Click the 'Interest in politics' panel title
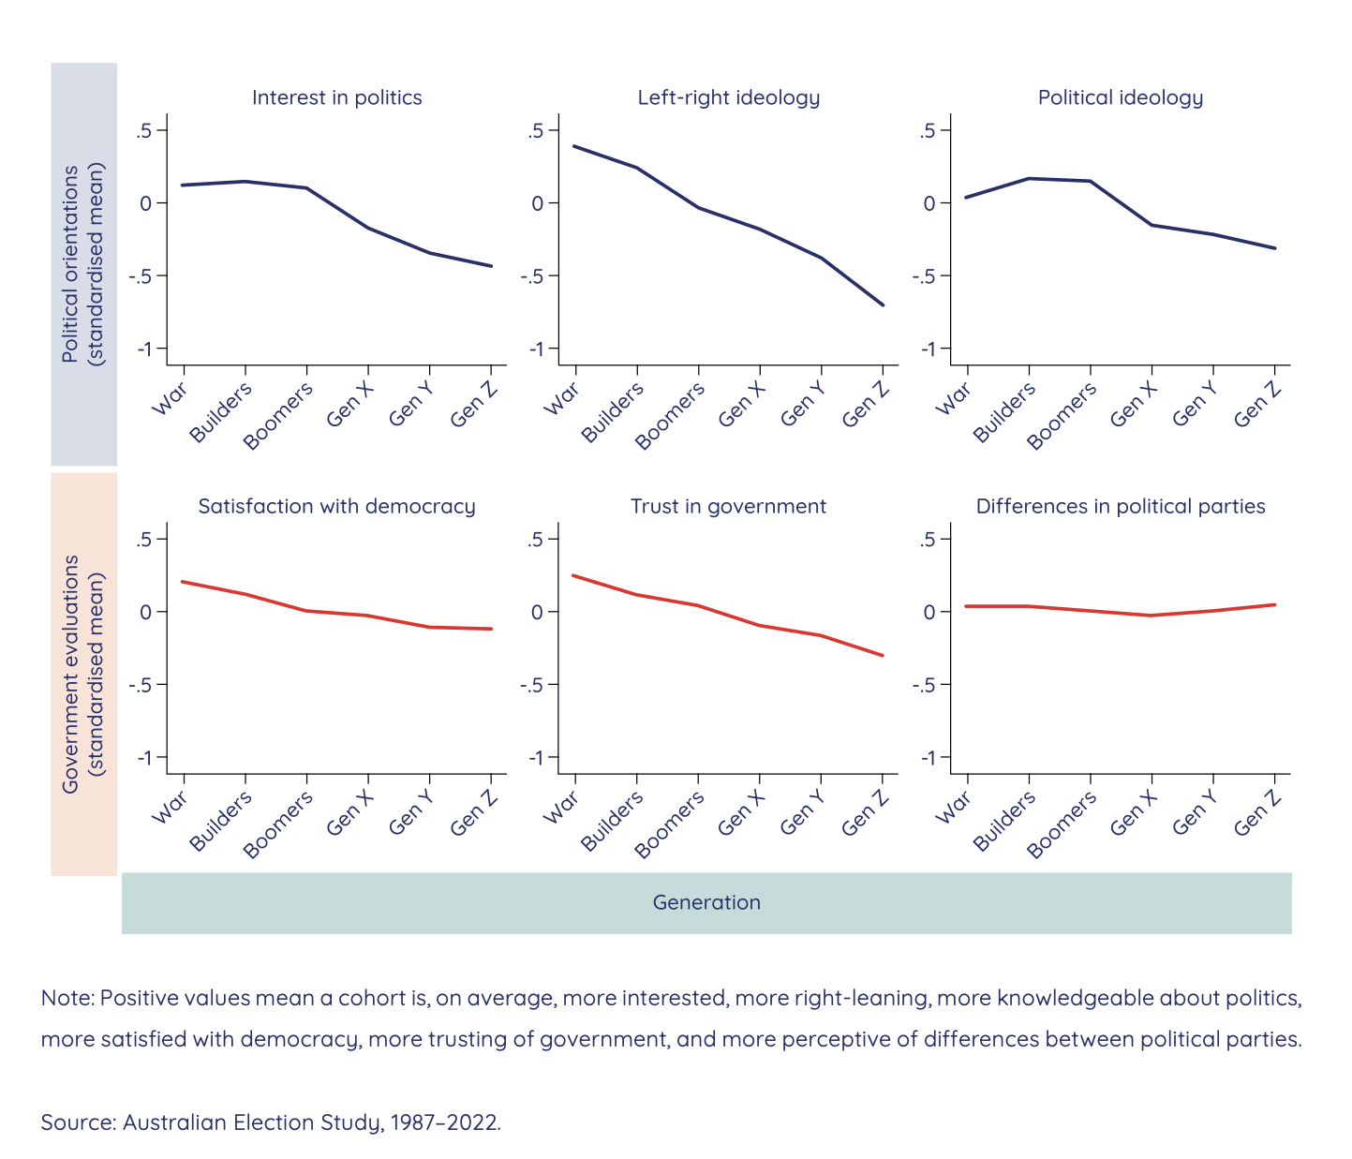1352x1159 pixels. tap(336, 97)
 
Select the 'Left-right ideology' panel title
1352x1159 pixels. tap(728, 97)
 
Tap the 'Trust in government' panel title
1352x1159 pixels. tap(728, 506)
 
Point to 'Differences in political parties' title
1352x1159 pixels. tap(1120, 506)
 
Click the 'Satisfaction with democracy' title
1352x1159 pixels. tap(336, 506)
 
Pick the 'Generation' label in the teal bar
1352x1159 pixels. tap(706, 902)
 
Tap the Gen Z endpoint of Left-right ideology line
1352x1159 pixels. tap(883, 305)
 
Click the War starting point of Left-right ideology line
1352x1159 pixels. tap(573, 146)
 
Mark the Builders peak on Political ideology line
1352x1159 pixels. tap(1029, 178)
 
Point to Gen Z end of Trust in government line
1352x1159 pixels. tap(883, 655)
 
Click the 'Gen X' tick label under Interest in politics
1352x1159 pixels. tap(350, 406)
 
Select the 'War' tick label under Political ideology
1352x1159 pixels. tap(953, 400)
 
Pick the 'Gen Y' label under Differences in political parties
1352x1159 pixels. tap(1195, 812)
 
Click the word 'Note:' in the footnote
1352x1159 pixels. tap(67, 998)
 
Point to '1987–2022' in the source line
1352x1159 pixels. tap(443, 1122)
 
